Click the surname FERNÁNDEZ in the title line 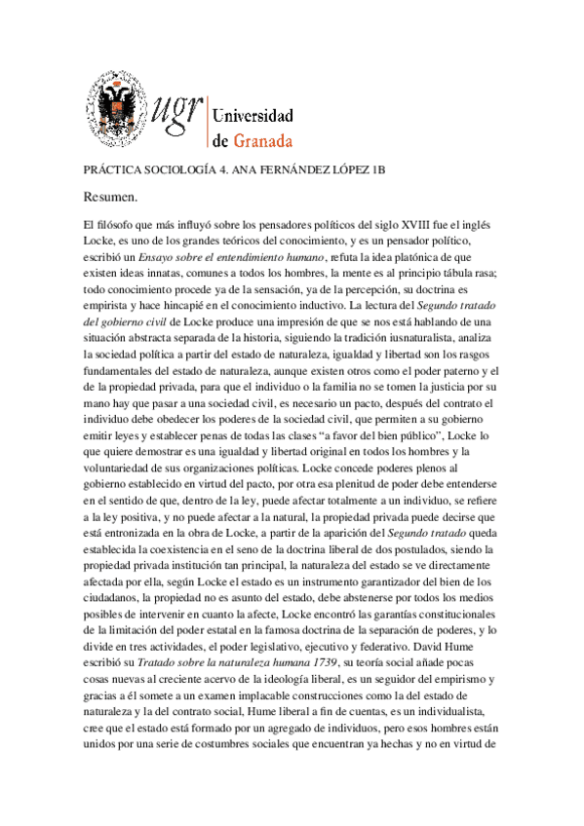(337, 169)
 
